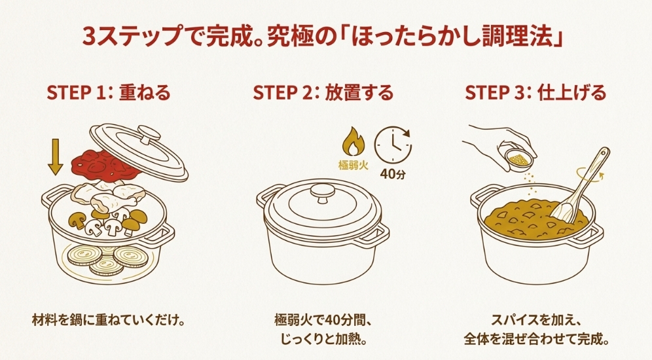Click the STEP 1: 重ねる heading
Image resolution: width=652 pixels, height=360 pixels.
108,94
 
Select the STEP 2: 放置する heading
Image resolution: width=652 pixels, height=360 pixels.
323,94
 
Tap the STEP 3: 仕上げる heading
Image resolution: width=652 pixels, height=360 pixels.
535,94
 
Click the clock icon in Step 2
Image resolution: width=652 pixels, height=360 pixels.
393,145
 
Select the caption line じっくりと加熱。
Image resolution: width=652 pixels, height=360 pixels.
323,340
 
